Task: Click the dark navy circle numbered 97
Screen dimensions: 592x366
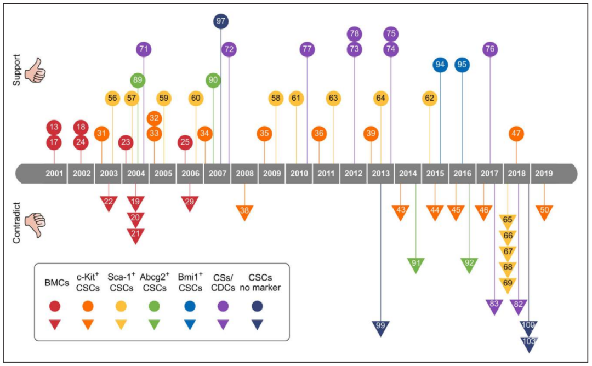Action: (221, 21)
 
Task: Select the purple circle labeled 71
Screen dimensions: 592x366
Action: (144, 49)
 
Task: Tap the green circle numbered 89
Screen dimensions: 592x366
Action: (138, 80)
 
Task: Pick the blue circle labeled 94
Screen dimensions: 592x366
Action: (440, 65)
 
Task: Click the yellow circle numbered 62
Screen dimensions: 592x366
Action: (430, 98)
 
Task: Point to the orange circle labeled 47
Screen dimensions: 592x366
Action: (516, 133)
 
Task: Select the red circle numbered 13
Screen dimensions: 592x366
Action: (54, 127)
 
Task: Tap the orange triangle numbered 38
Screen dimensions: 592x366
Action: (244, 212)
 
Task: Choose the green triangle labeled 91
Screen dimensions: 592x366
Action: (415, 265)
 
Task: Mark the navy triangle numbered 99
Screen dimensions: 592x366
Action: (380, 328)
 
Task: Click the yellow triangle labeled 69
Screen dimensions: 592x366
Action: (508, 285)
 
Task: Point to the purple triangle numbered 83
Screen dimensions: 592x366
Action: (494, 306)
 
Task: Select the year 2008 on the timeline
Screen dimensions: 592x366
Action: (244, 174)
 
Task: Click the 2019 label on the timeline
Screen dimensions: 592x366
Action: (544, 174)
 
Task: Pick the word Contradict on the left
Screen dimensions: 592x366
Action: (16, 222)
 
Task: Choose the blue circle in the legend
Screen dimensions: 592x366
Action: (190, 306)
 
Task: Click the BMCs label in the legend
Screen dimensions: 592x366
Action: (56, 283)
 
